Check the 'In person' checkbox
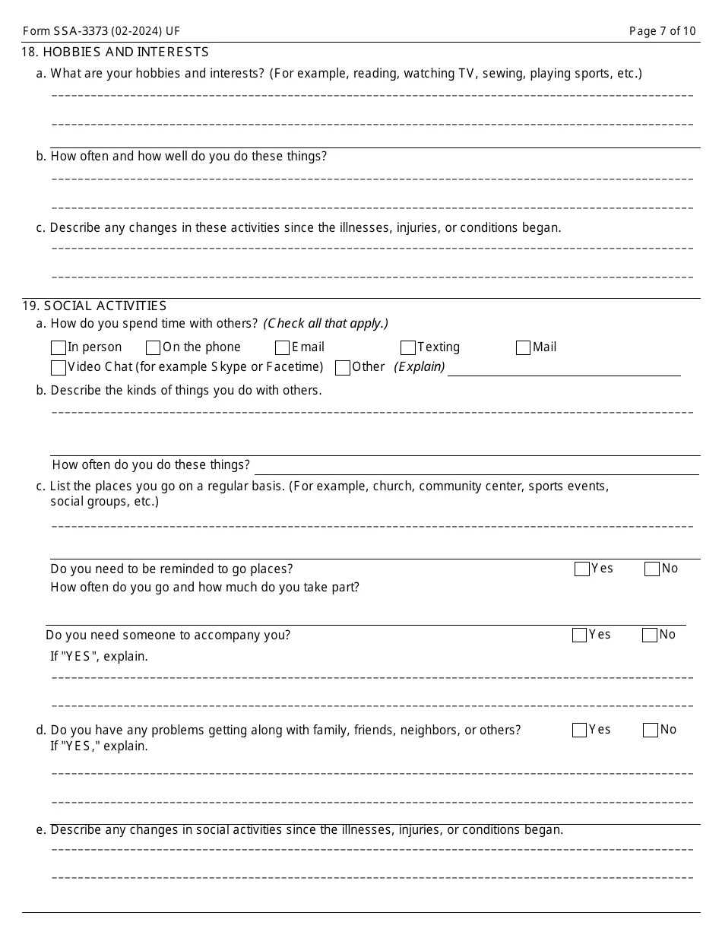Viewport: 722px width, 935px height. click(59, 348)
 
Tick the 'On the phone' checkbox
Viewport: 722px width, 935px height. click(153, 348)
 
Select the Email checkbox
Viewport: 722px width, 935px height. click(283, 348)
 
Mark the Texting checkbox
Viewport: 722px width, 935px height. click(408, 348)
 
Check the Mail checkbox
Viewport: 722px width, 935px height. click(523, 348)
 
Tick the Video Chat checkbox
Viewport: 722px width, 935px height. click(59, 368)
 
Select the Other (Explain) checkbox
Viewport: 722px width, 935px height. click(343, 368)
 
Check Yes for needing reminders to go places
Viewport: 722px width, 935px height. click(582, 569)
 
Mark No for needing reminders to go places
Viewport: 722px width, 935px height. click(652, 569)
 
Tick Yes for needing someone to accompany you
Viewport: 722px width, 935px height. click(579, 635)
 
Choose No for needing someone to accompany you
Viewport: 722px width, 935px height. click(650, 635)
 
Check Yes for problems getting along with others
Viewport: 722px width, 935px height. click(579, 731)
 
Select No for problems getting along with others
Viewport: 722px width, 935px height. click(651, 731)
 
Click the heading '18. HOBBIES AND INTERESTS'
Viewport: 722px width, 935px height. click(116, 52)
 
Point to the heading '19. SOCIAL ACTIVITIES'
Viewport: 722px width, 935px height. click(94, 306)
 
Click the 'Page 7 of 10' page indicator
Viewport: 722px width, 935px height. click(662, 31)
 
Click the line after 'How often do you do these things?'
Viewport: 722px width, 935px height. click(477, 466)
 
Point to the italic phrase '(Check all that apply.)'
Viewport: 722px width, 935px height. click(326, 324)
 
